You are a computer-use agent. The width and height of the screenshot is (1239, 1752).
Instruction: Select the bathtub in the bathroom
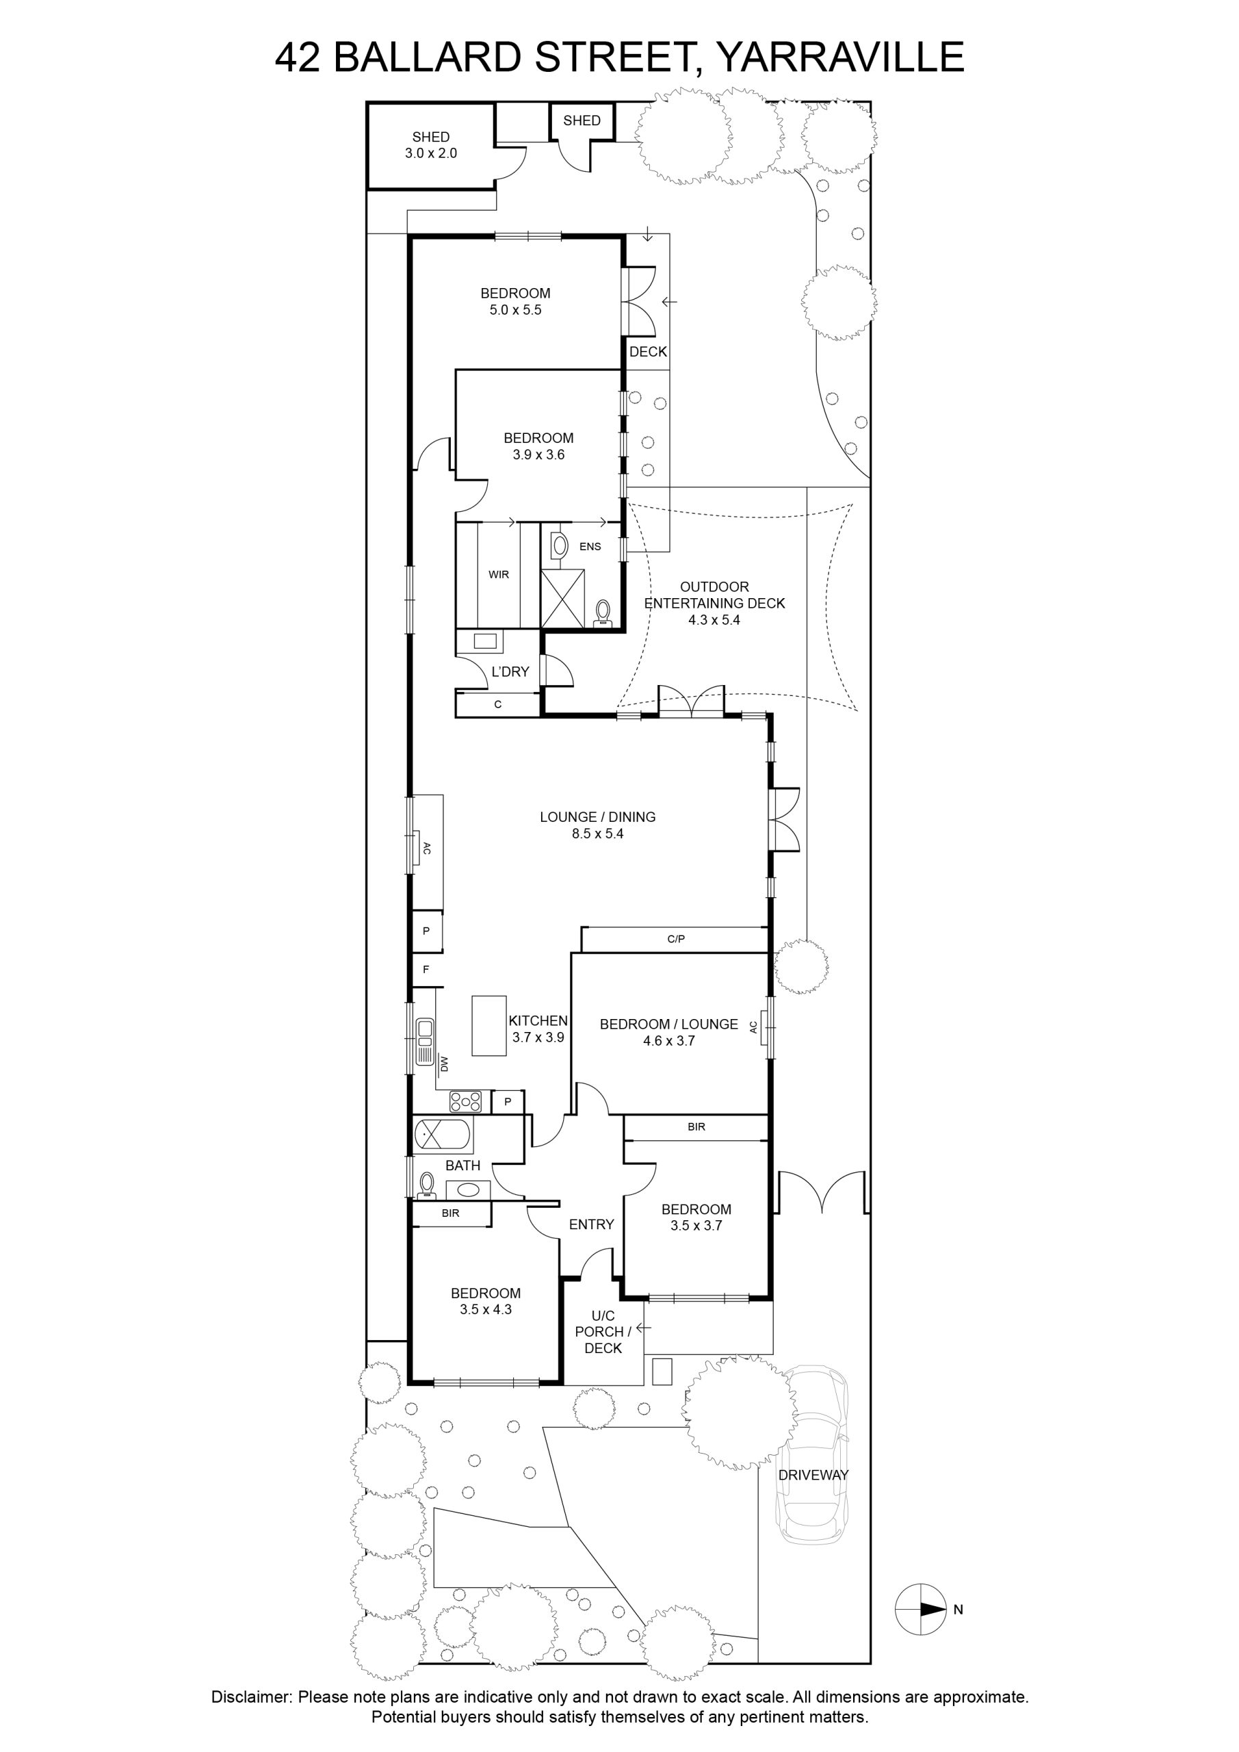tap(443, 1135)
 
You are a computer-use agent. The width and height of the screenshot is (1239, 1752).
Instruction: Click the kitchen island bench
tap(489, 1026)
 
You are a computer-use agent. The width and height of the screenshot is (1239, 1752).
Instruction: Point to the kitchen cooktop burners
tap(465, 1101)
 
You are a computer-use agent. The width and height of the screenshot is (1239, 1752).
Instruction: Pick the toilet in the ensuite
tap(603, 613)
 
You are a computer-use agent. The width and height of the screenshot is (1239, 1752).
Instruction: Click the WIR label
tap(499, 575)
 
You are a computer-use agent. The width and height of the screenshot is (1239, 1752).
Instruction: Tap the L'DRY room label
tap(510, 671)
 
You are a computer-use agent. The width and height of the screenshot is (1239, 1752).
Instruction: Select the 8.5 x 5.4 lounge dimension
tap(597, 834)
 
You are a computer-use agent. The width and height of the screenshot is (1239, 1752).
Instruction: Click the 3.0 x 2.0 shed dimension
tap(431, 153)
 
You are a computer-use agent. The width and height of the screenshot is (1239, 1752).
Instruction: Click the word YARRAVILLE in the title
tap(842, 57)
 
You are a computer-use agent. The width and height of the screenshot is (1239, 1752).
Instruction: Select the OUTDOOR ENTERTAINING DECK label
tap(714, 595)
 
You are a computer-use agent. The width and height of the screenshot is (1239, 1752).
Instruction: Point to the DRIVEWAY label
tap(813, 1475)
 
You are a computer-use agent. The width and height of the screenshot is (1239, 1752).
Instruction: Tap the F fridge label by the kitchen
tap(426, 969)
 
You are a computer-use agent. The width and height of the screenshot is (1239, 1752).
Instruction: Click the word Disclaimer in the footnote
tap(252, 1697)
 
